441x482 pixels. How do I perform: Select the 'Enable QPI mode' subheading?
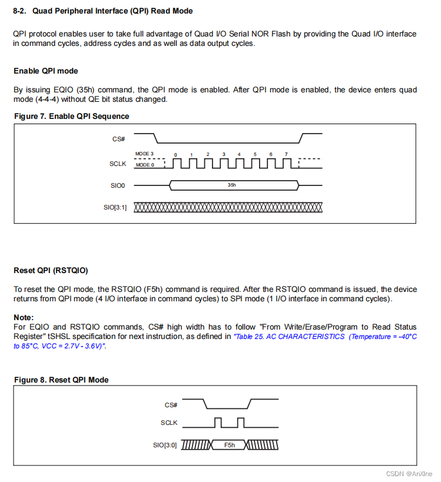coord(46,71)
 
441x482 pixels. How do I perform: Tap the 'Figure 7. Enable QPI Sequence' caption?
coord(72,117)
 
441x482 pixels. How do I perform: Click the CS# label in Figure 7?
coord(119,139)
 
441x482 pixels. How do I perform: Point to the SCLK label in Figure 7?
coord(118,164)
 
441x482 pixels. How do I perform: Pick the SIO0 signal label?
coord(118,185)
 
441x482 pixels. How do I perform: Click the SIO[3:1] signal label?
coord(115,207)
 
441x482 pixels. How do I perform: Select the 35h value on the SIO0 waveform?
coord(232,185)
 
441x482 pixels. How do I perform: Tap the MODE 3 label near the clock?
coord(144,154)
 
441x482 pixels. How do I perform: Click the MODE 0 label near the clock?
coord(145,165)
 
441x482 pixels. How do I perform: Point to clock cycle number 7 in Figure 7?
coord(286,154)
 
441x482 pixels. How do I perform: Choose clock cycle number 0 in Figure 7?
coord(175,155)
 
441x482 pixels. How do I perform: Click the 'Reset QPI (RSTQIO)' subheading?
coord(51,271)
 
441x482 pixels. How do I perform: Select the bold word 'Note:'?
coord(24,317)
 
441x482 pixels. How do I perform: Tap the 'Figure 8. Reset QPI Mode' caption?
coord(61,380)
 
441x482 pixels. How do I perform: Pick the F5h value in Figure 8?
coord(230,446)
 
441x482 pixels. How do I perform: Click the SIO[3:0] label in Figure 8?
coord(165,446)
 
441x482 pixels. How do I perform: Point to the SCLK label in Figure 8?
coord(169,423)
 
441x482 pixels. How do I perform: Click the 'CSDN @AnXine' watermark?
coord(409,474)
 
